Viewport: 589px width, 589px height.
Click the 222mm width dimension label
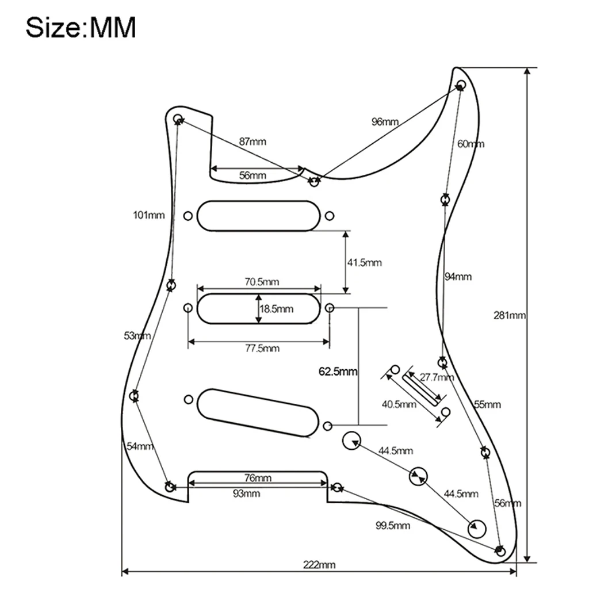[319, 564]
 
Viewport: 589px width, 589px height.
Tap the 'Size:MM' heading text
[81, 27]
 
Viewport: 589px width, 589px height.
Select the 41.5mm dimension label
[365, 263]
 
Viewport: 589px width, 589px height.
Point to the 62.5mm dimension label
[338, 372]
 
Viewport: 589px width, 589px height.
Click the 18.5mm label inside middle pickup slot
[277, 309]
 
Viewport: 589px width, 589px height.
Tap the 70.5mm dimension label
[262, 282]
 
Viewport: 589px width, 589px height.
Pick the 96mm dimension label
[385, 121]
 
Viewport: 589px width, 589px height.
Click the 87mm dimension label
[253, 141]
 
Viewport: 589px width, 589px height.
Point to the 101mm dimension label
[148, 216]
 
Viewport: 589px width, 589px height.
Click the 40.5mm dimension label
[399, 404]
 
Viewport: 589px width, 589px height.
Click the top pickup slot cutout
[258, 216]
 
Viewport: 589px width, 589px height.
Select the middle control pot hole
[418, 476]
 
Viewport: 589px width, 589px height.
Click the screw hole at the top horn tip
[460, 85]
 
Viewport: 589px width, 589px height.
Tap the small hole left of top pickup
[188, 216]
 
